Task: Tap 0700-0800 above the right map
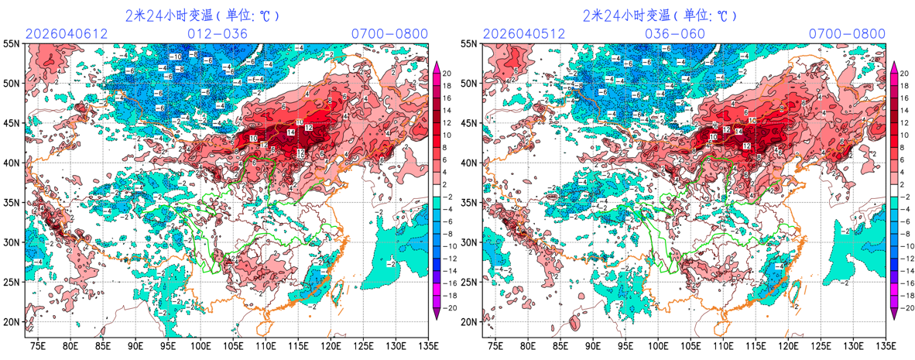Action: click(847, 33)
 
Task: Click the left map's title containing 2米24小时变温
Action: click(202, 15)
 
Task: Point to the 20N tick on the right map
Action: click(471, 322)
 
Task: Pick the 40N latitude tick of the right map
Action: click(471, 163)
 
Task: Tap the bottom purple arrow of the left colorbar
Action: click(436, 313)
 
